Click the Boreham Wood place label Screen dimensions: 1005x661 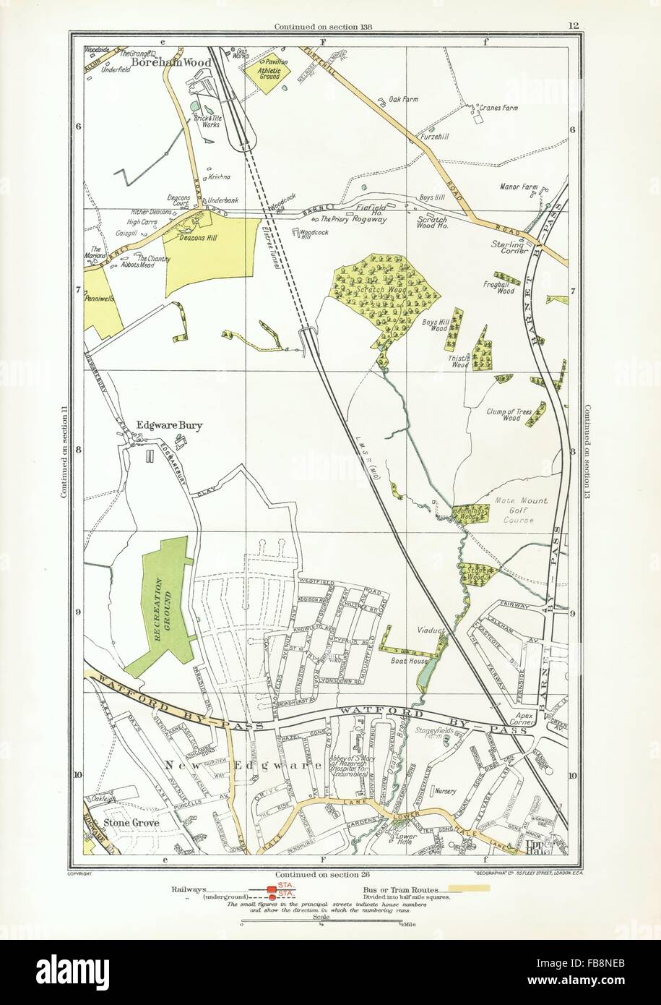[172, 63]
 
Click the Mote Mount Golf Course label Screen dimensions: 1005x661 [522, 510]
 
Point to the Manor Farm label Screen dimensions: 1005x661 [519, 187]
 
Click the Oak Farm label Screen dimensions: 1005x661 [403, 99]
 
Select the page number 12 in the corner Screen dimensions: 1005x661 [573, 27]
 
